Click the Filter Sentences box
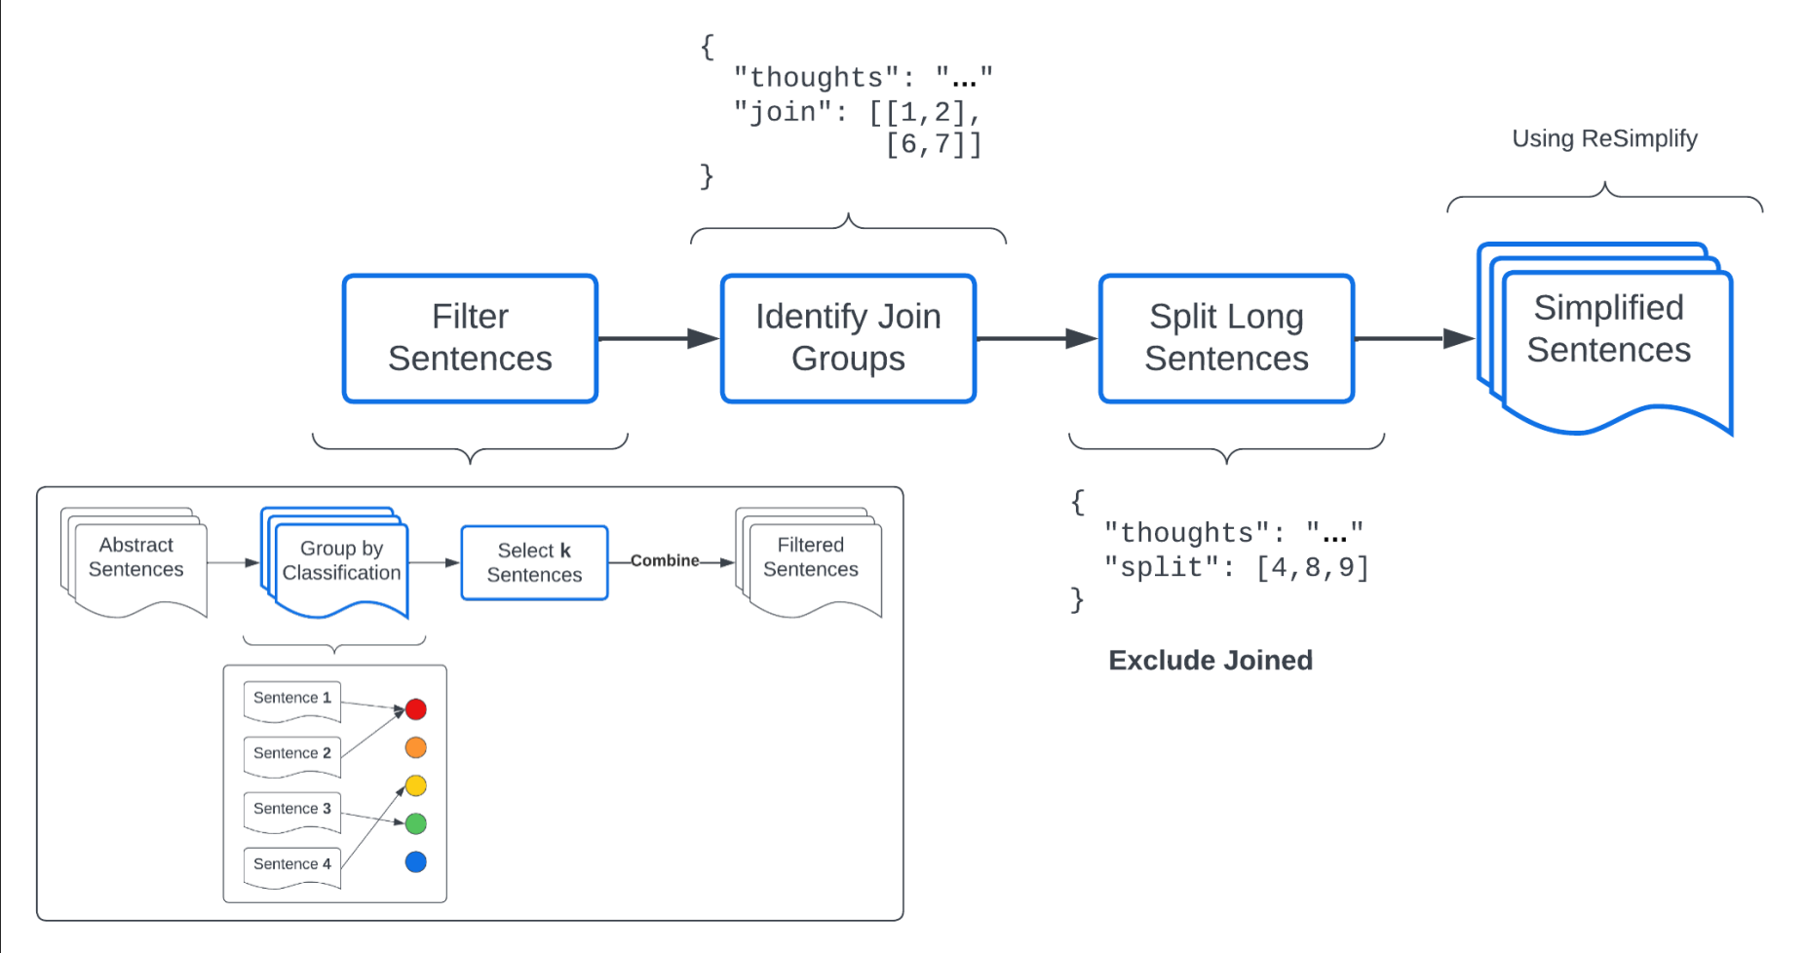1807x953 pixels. tap(470, 338)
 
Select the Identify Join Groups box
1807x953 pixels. tap(848, 338)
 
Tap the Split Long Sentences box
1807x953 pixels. tap(1226, 338)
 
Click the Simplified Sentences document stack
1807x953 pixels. tap(1608, 336)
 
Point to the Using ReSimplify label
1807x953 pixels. tap(1604, 138)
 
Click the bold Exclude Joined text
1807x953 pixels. tap(1211, 661)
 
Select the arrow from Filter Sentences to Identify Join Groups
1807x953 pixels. tap(658, 338)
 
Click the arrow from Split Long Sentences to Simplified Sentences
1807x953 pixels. tap(1413, 338)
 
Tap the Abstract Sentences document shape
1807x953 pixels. tap(136, 559)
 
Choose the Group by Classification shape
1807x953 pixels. tap(340, 562)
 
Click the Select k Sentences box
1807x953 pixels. tap(534, 563)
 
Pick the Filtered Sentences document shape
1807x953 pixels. tap(810, 559)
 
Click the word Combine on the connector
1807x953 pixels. tap(664, 560)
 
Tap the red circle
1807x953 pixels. tap(416, 709)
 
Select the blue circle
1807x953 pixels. tap(416, 862)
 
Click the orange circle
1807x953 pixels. tap(416, 747)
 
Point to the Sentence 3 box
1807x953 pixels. tap(291, 810)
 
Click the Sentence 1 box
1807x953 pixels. tap(291, 699)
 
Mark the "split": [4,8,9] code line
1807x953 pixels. tap(1236, 567)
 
